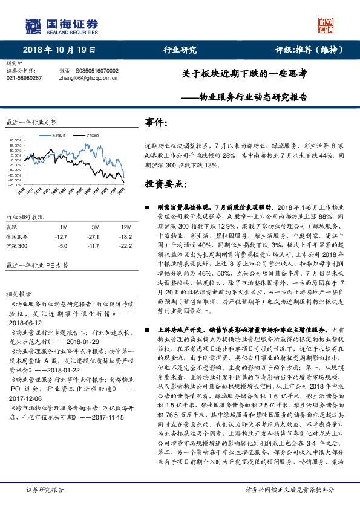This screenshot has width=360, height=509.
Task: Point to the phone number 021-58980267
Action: tap(24, 78)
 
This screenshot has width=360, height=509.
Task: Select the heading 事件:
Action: tap(157, 123)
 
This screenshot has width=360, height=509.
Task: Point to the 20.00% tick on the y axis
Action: tap(15, 140)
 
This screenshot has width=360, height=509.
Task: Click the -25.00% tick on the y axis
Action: tap(15, 184)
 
